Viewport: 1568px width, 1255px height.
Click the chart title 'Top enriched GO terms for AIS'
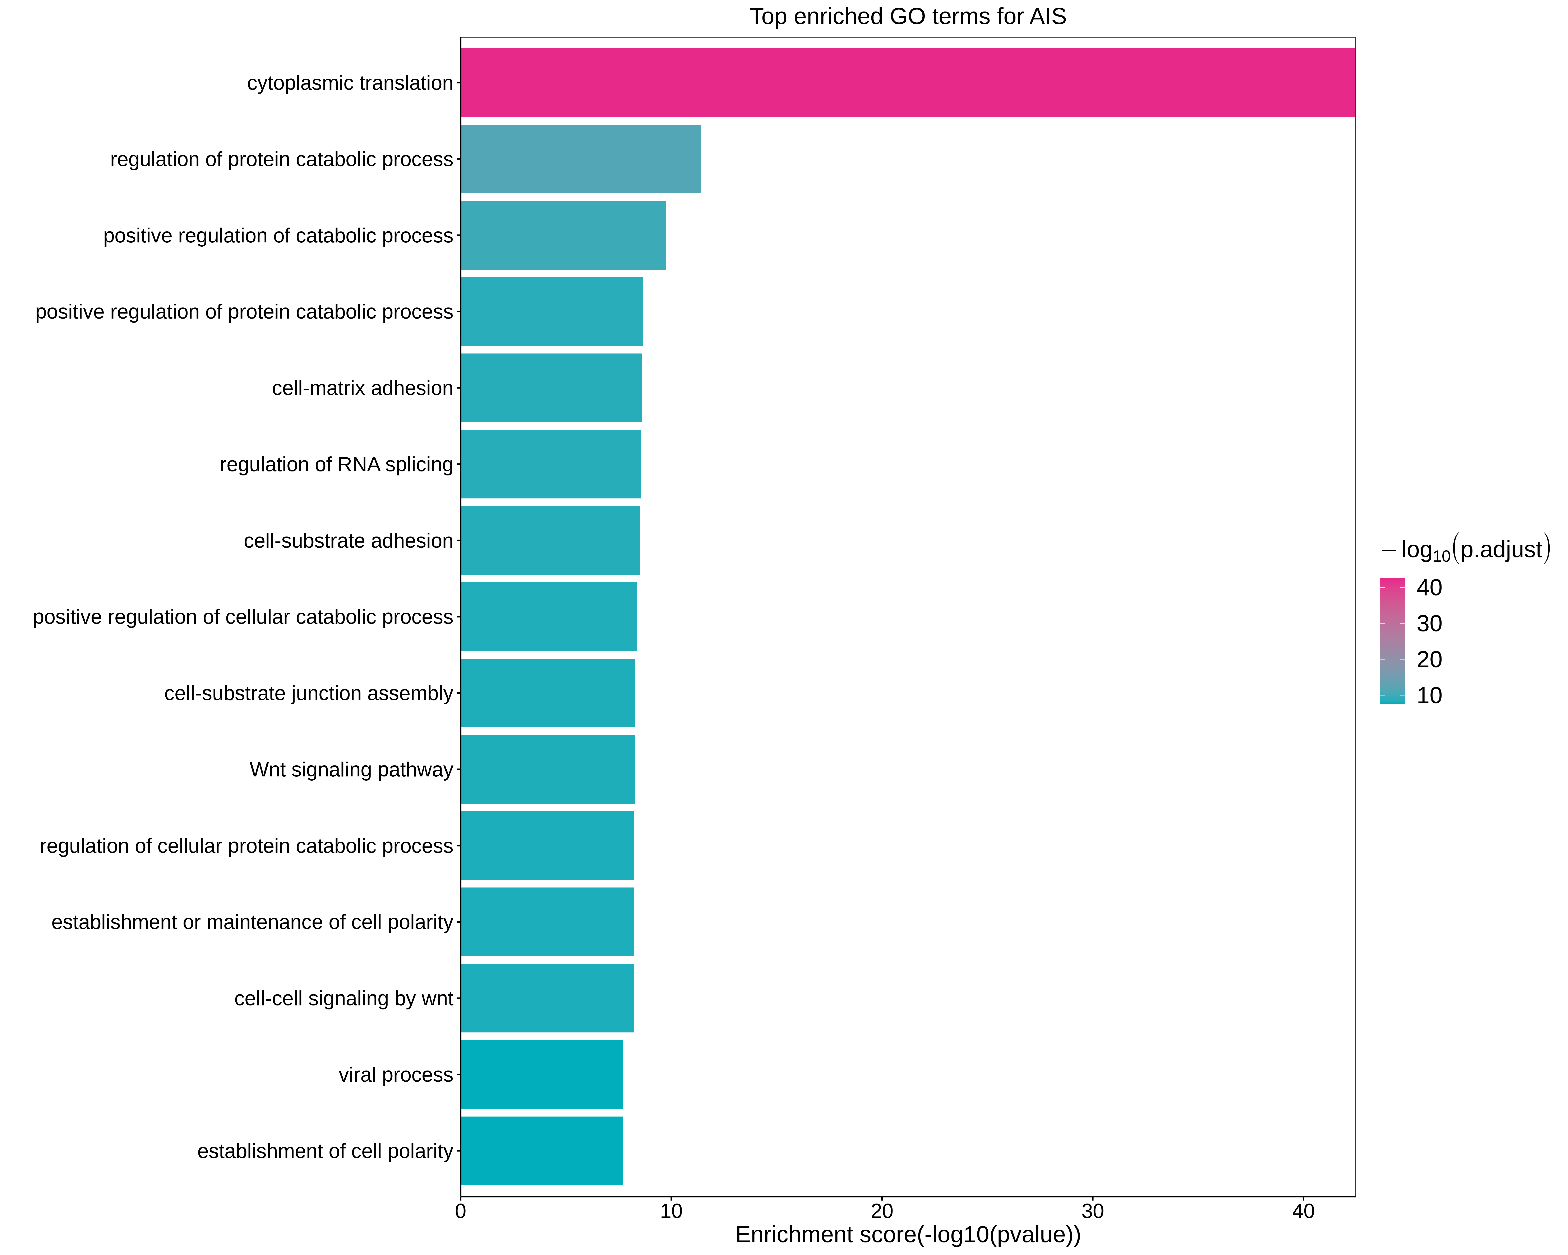point(908,17)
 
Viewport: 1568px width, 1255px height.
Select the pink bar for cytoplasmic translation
point(908,83)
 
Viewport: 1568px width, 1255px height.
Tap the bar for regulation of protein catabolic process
point(580,159)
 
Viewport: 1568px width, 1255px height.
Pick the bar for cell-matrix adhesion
point(550,388)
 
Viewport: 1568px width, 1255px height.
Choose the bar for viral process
point(541,1074)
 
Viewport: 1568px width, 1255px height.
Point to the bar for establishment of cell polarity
point(541,1151)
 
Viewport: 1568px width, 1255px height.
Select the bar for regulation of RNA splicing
point(550,464)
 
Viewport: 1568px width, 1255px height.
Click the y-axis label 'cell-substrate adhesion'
point(348,540)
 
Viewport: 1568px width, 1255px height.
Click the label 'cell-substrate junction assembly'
point(308,693)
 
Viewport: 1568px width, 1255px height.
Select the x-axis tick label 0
point(460,1211)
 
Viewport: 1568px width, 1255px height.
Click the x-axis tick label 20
point(881,1211)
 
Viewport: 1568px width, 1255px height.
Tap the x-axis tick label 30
point(1092,1211)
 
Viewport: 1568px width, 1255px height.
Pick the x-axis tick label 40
point(1303,1211)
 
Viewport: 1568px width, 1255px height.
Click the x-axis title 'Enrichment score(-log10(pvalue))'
point(908,1235)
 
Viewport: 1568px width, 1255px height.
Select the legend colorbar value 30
point(1429,624)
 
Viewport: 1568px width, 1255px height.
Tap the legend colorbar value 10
point(1429,695)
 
